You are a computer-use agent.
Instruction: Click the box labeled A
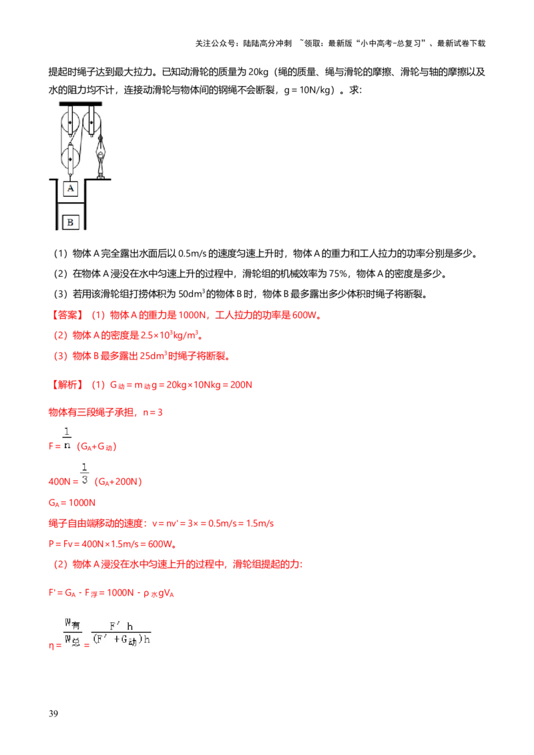click(71, 189)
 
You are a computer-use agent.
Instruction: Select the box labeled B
click(71, 222)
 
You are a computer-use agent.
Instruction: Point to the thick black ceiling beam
click(80, 103)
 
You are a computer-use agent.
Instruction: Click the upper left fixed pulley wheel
click(69, 123)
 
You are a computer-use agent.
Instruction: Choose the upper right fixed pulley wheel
click(92, 123)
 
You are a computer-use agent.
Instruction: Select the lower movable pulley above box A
click(71, 159)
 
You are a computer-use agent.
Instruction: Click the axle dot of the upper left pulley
click(69, 123)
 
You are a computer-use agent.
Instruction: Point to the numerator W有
click(72, 624)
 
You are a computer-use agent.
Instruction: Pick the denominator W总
click(72, 641)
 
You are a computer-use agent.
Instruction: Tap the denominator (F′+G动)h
click(122, 642)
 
